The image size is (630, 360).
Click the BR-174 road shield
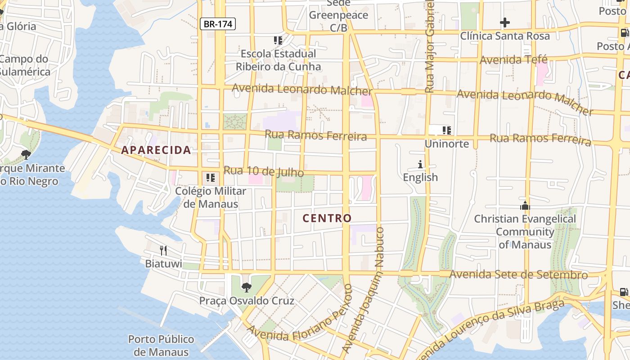click(x=218, y=24)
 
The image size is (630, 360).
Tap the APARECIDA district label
click(x=156, y=150)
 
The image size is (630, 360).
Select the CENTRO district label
click(x=327, y=219)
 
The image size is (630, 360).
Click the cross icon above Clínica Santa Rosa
click(x=505, y=22)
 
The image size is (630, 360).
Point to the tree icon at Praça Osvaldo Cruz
click(x=246, y=287)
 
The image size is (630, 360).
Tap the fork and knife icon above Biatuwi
click(x=163, y=250)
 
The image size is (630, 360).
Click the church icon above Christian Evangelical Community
click(x=525, y=206)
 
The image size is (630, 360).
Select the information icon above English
click(x=420, y=164)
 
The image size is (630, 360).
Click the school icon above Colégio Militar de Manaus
click(x=210, y=178)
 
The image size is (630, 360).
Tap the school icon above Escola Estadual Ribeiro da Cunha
click(x=278, y=40)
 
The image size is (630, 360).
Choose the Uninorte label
click(x=447, y=144)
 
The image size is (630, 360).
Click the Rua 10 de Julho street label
click(x=264, y=171)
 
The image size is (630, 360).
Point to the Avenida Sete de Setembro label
click(x=518, y=274)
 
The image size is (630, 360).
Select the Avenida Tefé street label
click(x=513, y=60)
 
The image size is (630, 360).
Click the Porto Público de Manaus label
click(x=161, y=345)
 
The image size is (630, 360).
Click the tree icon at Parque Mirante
click(x=26, y=154)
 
